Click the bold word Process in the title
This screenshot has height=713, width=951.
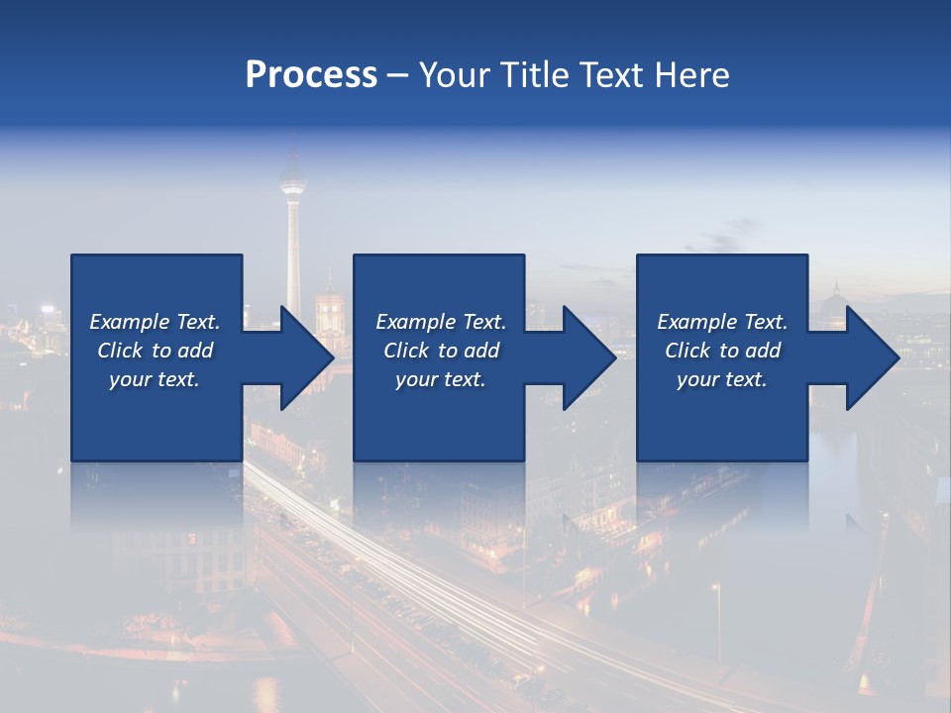311,75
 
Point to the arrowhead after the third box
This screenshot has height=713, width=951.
871,357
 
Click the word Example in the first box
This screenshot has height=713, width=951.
128,322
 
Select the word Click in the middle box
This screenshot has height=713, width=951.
405,351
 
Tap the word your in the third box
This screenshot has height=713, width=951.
698,379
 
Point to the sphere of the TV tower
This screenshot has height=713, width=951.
291,182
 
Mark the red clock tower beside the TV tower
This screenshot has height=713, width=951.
329,303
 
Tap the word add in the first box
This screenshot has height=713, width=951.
196,351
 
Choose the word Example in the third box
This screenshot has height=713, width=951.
695,322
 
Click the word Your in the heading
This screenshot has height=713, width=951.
456,75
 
